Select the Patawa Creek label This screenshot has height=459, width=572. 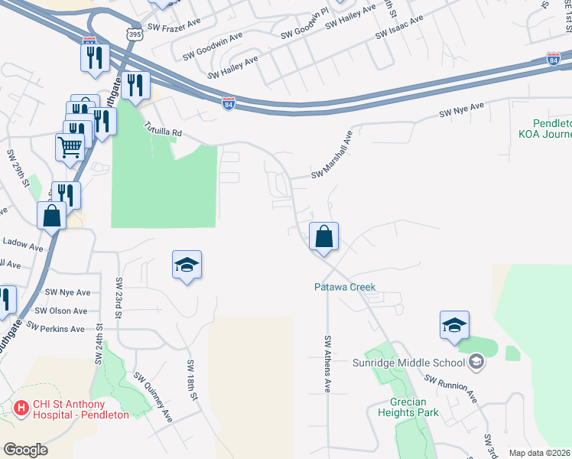coord(346,287)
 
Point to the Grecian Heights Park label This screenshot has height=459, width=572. coord(408,406)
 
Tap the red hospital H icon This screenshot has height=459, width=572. coord(21,409)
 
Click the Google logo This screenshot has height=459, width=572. coord(25,450)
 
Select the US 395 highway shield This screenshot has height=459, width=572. coord(135,34)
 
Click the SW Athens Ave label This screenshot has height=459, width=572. coord(327,364)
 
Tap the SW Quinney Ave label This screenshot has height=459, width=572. coord(154,396)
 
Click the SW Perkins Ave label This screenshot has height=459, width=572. coord(55,327)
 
